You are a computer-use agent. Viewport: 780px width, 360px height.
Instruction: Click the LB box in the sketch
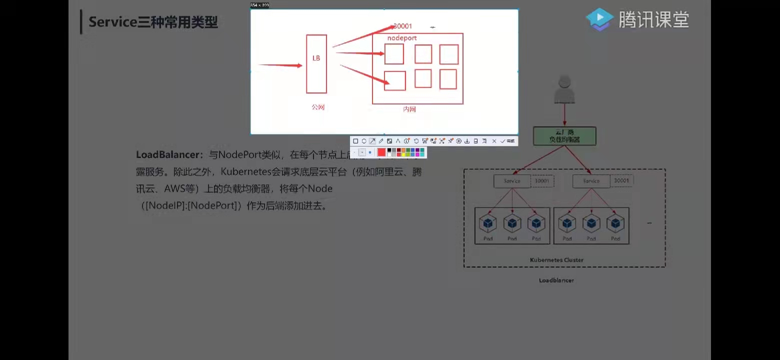[x=316, y=63]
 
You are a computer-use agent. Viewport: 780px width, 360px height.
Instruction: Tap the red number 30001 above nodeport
[x=402, y=26]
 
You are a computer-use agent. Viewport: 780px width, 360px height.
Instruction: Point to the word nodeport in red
[x=402, y=38]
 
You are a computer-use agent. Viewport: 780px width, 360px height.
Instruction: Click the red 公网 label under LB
[x=318, y=107]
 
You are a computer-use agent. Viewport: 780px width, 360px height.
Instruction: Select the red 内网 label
[x=409, y=109]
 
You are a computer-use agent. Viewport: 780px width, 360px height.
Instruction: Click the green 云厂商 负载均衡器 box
[x=564, y=135]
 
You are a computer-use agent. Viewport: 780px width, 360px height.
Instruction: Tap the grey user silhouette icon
[x=564, y=90]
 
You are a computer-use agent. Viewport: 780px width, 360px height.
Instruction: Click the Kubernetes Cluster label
[x=556, y=260]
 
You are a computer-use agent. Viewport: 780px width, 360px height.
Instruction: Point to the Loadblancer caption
[x=556, y=280]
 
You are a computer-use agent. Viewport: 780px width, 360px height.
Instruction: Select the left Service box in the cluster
[x=512, y=181]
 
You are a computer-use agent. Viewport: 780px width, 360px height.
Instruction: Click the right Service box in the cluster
[x=591, y=181]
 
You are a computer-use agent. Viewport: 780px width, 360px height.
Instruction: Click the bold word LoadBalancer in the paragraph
[x=169, y=155]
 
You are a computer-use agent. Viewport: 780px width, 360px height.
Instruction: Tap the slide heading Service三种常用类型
[x=153, y=22]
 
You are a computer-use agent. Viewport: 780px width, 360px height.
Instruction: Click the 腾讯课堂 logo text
[x=653, y=20]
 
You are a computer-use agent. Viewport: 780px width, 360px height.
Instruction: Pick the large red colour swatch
[x=381, y=152]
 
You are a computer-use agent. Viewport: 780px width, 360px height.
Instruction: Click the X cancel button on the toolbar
[x=494, y=141]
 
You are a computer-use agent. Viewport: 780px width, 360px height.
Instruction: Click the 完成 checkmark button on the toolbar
[x=507, y=141]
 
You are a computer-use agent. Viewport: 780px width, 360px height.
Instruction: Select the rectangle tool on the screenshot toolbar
[x=355, y=141]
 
